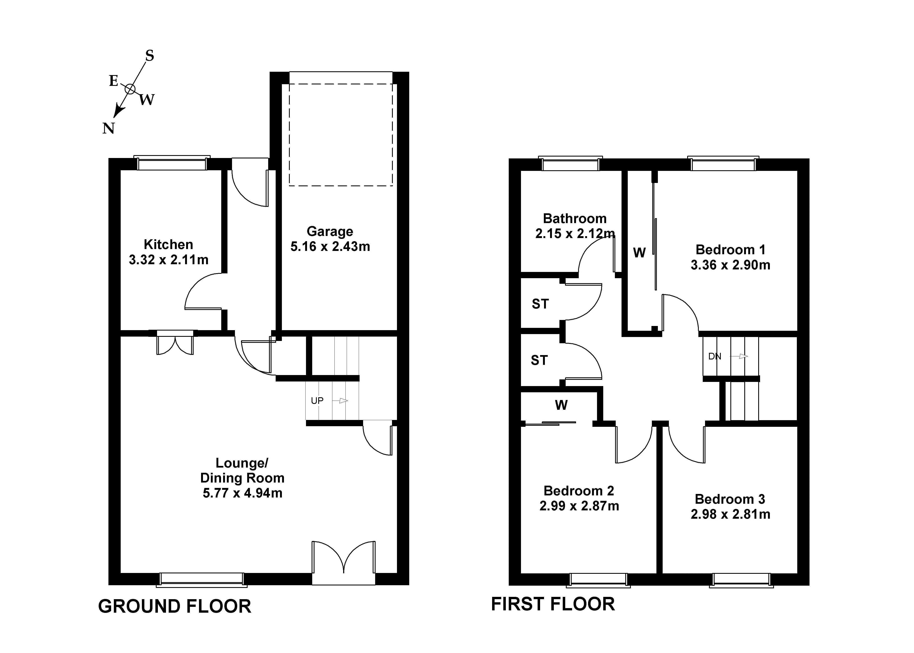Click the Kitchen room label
pos(168,244)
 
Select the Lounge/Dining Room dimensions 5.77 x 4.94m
pos(243,493)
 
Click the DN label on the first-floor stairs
pos(715,356)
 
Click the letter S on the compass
pos(149,56)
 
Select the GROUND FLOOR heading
pos(175,606)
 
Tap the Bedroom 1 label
pos(730,250)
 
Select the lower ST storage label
pos(539,360)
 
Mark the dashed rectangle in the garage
pos(341,135)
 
